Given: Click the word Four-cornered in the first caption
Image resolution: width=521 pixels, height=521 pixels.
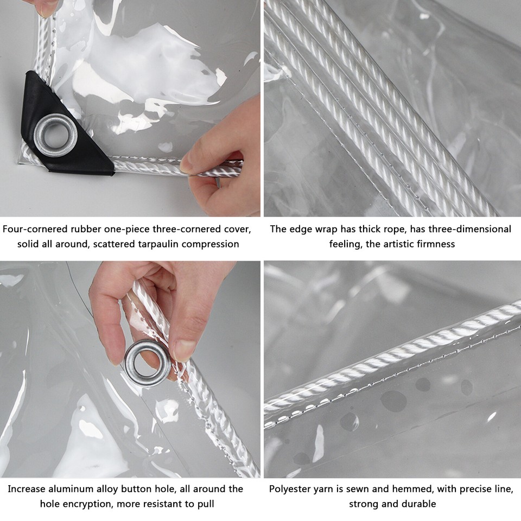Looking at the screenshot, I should pyautogui.click(x=33, y=229).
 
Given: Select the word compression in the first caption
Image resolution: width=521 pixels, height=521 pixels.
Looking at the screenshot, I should pyautogui.click(x=210, y=244).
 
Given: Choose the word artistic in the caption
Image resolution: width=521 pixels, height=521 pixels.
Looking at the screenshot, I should pyautogui.click(x=401, y=244).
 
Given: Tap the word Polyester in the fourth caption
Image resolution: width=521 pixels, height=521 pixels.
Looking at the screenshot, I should pyautogui.click(x=292, y=489).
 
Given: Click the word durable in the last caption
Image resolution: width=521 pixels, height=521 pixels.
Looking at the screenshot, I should pyautogui.click(x=418, y=504).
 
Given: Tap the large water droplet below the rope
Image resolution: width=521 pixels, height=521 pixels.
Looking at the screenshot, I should pyautogui.click(x=393, y=401).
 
